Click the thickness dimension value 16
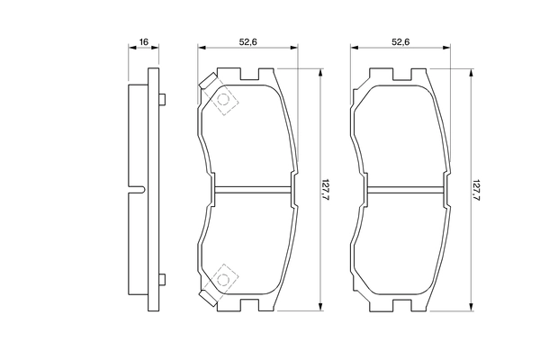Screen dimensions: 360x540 [x=142, y=42]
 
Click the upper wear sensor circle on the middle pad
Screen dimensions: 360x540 [x=223, y=101]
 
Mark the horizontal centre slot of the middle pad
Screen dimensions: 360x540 [x=249, y=189]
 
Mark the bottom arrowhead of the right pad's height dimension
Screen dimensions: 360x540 [x=471, y=308]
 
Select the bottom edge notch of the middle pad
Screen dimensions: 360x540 [x=249, y=307]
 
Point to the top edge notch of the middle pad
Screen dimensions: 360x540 [x=249, y=71]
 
